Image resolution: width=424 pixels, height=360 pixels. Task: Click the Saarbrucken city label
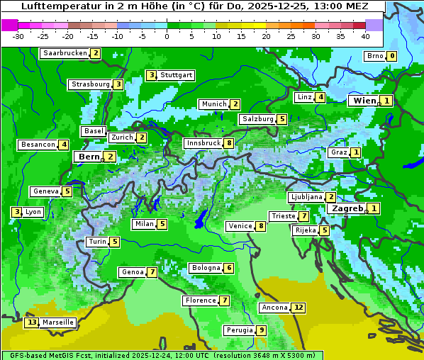coord(65,53)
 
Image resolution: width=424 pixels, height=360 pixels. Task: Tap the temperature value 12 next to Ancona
coord(299,308)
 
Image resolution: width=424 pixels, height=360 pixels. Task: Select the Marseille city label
coord(57,322)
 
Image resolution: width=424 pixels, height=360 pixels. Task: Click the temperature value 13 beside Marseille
coord(31,322)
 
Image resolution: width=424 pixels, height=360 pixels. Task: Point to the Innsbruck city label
coord(203,143)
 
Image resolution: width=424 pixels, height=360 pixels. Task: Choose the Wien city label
coord(364,101)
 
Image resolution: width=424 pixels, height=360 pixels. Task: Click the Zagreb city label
coord(347,208)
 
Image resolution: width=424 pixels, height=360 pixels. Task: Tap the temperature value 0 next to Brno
coord(391,57)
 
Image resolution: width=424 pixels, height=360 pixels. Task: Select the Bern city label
coord(89,157)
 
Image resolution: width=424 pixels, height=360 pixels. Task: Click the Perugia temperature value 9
coord(261,330)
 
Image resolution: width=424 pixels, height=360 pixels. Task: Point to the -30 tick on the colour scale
coord(18,35)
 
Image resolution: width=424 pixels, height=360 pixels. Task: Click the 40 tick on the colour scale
coord(365,35)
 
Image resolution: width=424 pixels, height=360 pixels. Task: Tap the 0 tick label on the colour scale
coord(167,35)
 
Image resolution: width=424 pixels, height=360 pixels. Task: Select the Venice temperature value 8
coord(261,226)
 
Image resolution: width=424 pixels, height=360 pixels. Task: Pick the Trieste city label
coord(283,216)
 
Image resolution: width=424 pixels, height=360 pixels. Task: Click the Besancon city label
coord(38,145)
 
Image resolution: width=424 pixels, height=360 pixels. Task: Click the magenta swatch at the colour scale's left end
coord(9,24)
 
